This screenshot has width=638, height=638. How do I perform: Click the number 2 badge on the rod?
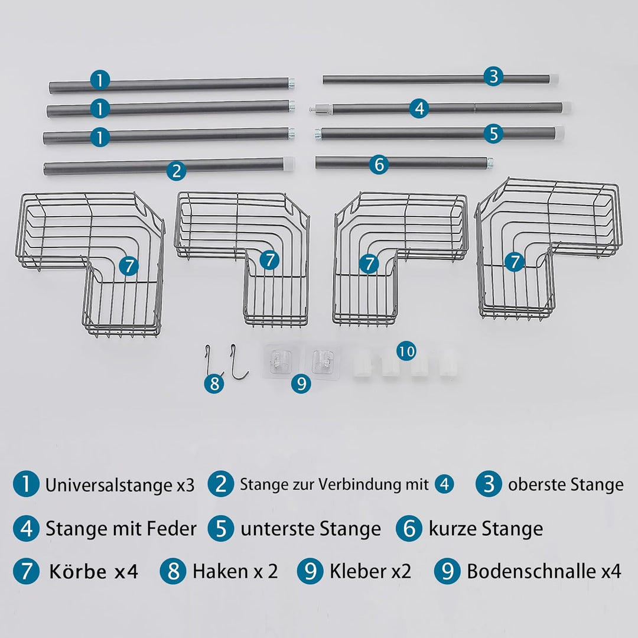176,171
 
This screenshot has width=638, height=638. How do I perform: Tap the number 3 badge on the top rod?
493,76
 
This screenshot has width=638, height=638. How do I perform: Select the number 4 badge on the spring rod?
419,108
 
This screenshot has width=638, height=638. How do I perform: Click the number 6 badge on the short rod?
379,164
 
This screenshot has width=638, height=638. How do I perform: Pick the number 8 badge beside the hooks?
214,384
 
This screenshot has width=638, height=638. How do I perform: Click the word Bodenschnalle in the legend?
532,571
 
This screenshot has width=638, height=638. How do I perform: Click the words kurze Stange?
486,528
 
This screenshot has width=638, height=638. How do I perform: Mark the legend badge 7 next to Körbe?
26,572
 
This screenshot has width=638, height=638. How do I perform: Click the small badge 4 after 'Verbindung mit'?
444,485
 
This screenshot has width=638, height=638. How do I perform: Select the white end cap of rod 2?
289,161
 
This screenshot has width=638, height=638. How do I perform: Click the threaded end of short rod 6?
490,160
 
